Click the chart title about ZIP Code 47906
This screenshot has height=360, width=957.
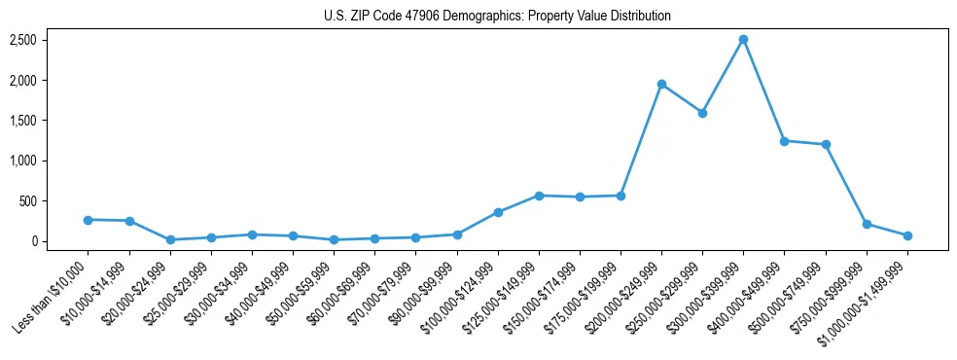(497, 16)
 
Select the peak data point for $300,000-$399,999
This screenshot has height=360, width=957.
(743, 40)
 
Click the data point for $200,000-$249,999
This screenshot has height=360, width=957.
(661, 85)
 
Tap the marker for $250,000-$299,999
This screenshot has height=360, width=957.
(702, 113)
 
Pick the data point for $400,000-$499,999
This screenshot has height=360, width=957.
(784, 141)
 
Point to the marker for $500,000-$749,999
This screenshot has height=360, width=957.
(826, 145)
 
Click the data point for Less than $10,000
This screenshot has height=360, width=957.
(88, 220)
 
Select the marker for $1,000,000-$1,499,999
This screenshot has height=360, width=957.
(907, 235)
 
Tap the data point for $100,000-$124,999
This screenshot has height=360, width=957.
(498, 212)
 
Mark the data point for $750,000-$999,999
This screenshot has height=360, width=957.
(867, 224)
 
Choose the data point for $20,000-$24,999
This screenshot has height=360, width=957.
(170, 239)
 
